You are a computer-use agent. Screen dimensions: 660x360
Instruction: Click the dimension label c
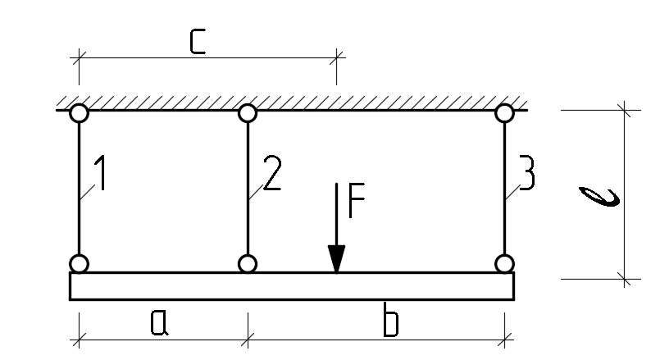tap(198, 42)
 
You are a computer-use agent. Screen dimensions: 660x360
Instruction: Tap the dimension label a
tap(160, 323)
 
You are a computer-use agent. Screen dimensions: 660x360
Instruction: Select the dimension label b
tap(390, 320)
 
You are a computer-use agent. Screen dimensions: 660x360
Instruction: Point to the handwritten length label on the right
tap(600, 197)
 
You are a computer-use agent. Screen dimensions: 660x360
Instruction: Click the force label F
tap(357, 200)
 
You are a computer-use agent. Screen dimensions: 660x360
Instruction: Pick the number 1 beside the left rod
tap(100, 173)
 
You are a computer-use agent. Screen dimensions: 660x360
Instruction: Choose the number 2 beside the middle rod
tap(272, 173)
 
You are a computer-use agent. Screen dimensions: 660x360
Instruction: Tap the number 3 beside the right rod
tap(527, 173)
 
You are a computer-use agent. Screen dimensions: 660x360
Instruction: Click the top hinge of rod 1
tap(80, 113)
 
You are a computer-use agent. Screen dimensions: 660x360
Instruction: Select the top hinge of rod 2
tap(248, 113)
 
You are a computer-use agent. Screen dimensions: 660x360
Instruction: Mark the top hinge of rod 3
tap(505, 113)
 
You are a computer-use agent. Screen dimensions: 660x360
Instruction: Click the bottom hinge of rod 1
tap(80, 264)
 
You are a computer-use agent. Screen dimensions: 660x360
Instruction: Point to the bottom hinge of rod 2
tap(248, 264)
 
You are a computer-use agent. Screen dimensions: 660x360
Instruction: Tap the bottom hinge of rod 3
tap(505, 264)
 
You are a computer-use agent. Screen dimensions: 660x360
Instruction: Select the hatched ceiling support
tap(292, 103)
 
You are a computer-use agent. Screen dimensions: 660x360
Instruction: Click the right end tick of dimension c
tap(336, 57)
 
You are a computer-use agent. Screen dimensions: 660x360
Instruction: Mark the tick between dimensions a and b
tap(248, 339)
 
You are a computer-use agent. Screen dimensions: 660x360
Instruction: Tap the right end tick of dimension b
tap(505, 339)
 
